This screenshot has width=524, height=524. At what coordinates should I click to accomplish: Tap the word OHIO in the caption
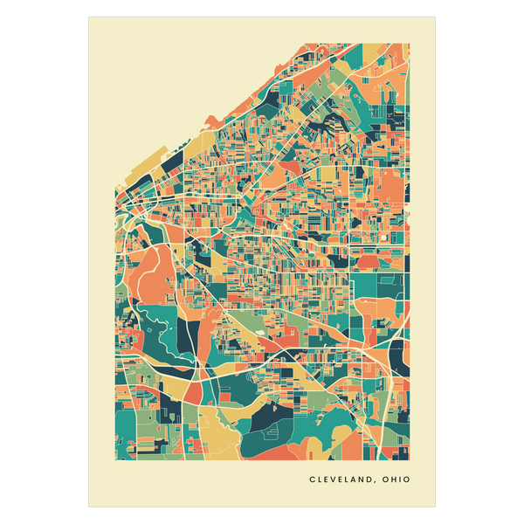click(396, 479)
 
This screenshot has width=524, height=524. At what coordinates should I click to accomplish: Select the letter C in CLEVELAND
click(312, 479)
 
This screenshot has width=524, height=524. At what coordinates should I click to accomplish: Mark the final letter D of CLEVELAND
click(370, 479)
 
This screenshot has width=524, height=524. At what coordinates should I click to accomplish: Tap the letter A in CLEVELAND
click(353, 479)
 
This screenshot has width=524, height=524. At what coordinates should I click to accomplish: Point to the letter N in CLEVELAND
click(362, 479)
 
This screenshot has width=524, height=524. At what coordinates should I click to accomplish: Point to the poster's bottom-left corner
click(86, 508)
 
